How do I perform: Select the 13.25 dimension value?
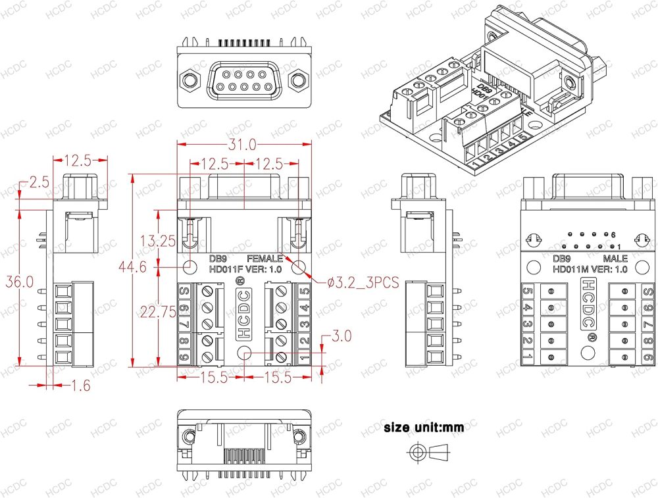[158, 241]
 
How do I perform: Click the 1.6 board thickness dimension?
[80, 386]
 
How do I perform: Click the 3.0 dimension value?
[342, 336]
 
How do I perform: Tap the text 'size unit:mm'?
[424, 428]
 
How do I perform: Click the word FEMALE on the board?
[265, 258]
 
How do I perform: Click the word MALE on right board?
[615, 258]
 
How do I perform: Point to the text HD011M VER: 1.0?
[590, 268]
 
